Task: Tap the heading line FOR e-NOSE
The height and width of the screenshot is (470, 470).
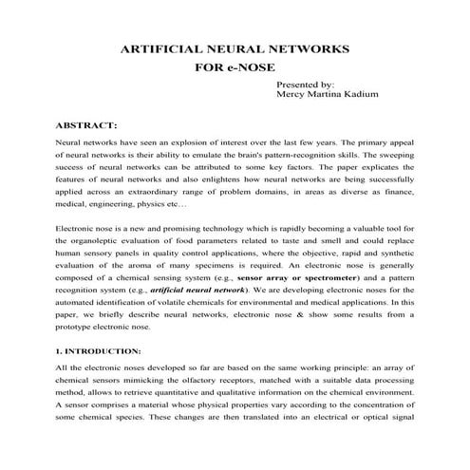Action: pos(234,68)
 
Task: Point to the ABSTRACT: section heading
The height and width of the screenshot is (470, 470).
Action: pos(86,124)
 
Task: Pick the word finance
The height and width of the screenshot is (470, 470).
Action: pos(400,190)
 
